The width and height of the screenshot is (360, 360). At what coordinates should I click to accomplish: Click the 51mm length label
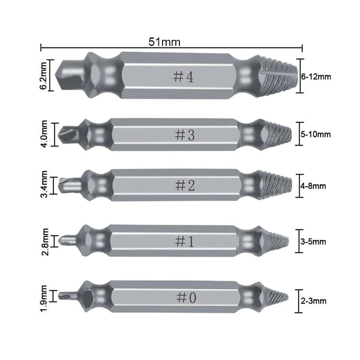tap(164, 42)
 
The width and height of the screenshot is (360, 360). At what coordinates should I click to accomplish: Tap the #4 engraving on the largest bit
tap(183, 77)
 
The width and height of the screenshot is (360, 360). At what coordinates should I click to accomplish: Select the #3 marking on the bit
tap(185, 135)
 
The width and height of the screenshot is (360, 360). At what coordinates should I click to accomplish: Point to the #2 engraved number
tap(185, 185)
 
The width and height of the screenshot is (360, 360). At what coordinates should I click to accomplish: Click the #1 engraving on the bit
tap(184, 241)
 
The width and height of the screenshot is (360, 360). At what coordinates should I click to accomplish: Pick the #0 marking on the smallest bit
tap(186, 298)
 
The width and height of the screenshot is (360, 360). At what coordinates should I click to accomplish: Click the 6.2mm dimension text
tap(44, 75)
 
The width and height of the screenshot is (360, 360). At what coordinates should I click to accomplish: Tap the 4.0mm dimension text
tap(44, 134)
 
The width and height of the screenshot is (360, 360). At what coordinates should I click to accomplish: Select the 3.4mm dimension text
tap(44, 184)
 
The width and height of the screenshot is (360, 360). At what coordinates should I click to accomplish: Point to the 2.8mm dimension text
tap(45, 242)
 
